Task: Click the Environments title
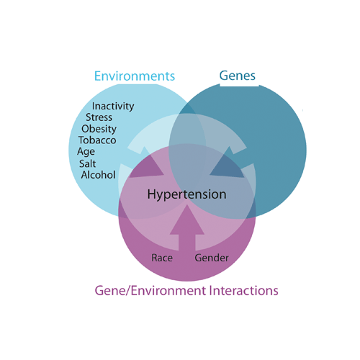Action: (135, 76)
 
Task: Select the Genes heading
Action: (238, 76)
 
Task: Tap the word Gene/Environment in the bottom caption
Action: (150, 291)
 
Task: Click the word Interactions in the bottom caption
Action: (244, 290)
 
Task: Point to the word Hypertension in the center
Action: (186, 194)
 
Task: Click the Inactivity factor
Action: (113, 107)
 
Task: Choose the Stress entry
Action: (99, 117)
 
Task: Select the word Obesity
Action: (99, 129)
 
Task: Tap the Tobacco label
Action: (97, 140)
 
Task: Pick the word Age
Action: (86, 152)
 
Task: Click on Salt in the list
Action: (87, 163)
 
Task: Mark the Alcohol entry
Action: (98, 175)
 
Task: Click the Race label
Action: (162, 258)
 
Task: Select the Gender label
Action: (212, 258)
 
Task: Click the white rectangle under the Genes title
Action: (239, 84)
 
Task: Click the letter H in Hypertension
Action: (151, 194)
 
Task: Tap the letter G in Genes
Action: (224, 76)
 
